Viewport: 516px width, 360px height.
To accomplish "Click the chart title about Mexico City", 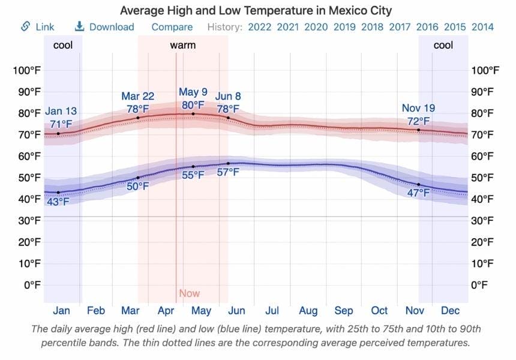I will click(257, 11).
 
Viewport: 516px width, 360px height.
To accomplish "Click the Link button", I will click(37, 27).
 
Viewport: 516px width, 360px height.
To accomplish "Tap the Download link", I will click(104, 27).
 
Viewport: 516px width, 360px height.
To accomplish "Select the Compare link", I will click(172, 27).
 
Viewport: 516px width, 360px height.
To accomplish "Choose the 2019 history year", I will click(344, 27).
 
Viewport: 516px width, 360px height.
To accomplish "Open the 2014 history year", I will click(482, 27).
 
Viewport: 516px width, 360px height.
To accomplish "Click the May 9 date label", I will click(193, 92).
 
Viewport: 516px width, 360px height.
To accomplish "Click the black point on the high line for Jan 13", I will click(58, 133).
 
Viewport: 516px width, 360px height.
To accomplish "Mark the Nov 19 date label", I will click(418, 108).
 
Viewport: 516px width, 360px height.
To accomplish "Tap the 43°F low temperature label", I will click(58, 202).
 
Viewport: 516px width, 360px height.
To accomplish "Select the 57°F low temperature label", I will click(228, 172).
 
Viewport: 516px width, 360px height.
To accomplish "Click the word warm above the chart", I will click(182, 45).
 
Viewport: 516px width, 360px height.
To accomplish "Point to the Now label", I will click(190, 293).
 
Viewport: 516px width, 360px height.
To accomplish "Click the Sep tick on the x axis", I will click(344, 311).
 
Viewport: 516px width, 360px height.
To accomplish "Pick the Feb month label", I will click(96, 311).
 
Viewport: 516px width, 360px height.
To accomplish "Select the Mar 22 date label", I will click(138, 97).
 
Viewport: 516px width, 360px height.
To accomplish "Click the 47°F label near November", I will click(418, 193).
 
